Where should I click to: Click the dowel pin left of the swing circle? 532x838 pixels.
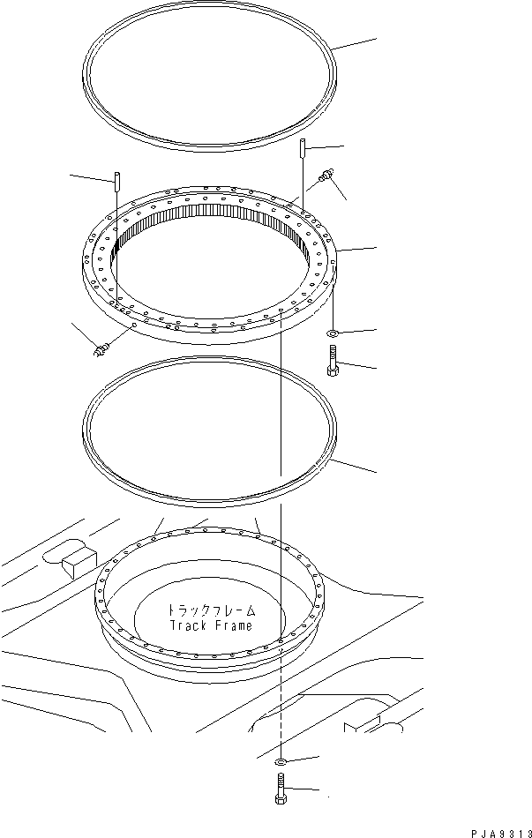(x=116, y=187)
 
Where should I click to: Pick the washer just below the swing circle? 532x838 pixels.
(x=332, y=333)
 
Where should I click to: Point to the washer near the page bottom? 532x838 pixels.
(x=279, y=761)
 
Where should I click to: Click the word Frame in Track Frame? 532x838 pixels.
(x=232, y=626)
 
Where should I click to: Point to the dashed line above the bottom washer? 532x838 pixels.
(x=279, y=706)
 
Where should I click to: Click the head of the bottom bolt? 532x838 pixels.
(x=279, y=798)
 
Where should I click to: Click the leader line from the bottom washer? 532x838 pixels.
(x=301, y=759)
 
